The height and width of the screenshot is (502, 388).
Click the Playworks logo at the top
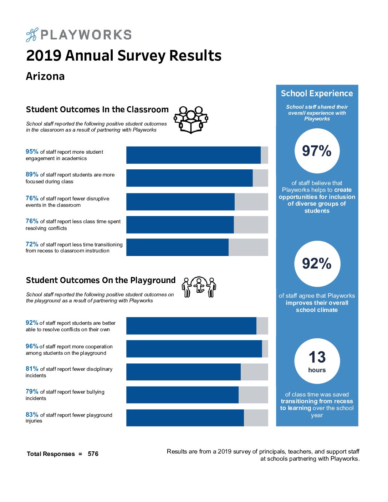[79, 35]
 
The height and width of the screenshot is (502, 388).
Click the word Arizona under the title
[45, 76]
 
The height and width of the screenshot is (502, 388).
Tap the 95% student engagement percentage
[32, 152]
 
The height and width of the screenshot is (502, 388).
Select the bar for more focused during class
[197, 178]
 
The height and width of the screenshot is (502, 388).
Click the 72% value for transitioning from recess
[32, 244]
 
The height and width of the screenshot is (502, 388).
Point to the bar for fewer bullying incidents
[197, 395]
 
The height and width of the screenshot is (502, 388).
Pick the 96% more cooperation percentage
[32, 346]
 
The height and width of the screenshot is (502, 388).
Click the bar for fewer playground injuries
[197, 418]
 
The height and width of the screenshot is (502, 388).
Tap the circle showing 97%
[317, 151]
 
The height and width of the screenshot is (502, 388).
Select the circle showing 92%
[317, 263]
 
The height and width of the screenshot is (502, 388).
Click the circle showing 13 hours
[317, 361]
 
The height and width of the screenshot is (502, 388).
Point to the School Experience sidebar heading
[317, 93]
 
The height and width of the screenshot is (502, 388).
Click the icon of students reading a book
[191, 119]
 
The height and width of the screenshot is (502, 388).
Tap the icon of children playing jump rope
[199, 287]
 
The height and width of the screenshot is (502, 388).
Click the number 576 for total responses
[93, 454]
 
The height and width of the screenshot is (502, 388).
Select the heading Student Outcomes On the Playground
[101, 280]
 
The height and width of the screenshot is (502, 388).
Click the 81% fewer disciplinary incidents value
[32, 369]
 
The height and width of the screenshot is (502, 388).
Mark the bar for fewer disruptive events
[197, 202]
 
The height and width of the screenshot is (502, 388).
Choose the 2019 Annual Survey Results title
[124, 56]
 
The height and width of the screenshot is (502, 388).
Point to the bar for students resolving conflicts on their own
[197, 326]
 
